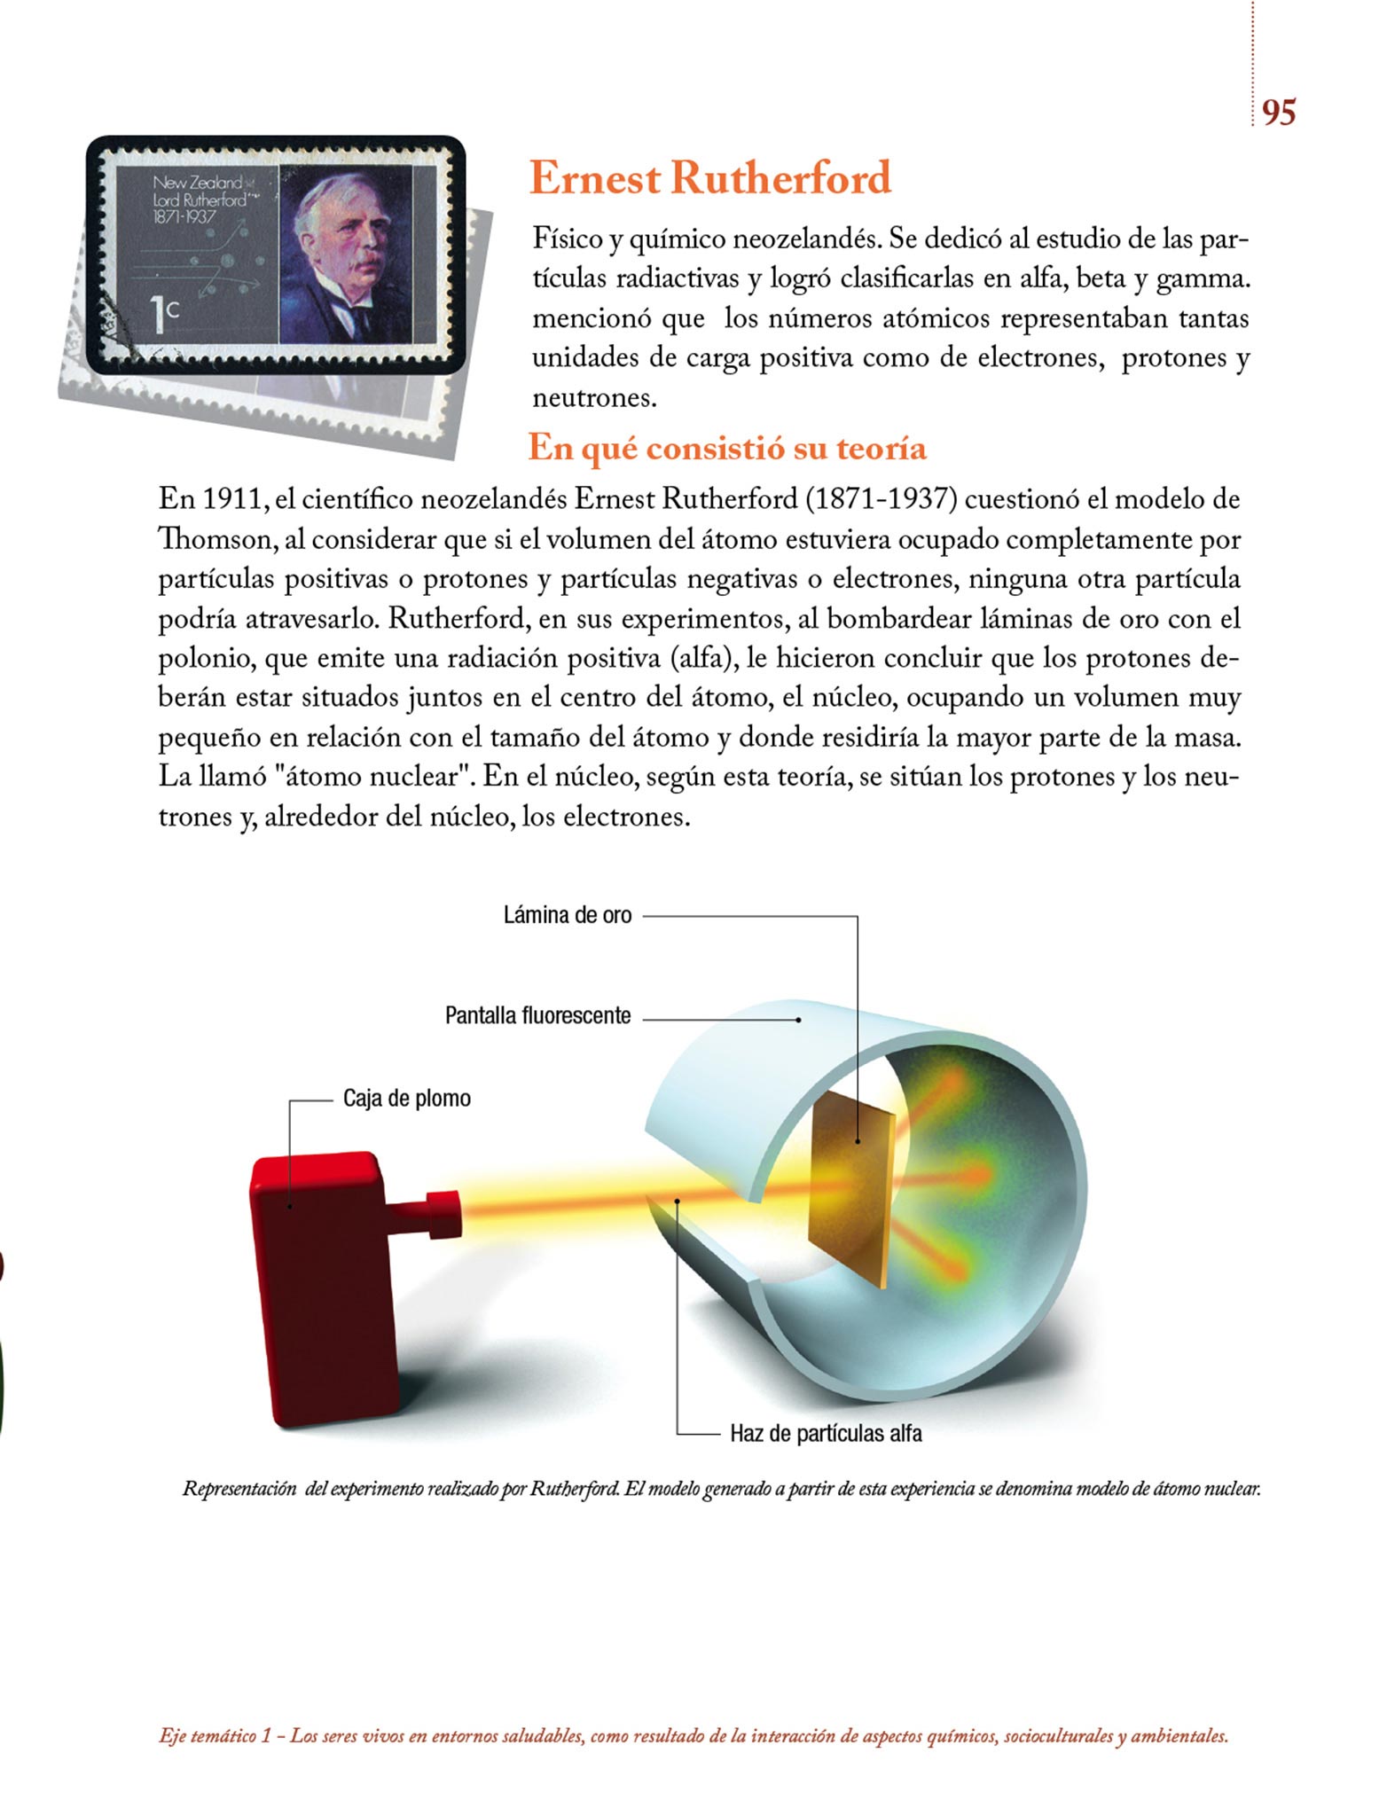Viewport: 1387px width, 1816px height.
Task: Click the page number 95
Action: point(1278,113)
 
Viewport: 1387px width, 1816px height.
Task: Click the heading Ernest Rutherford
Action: point(710,178)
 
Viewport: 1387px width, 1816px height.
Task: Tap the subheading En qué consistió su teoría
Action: point(727,449)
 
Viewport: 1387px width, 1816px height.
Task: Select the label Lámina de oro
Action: point(568,916)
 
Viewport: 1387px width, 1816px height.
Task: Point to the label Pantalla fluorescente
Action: point(537,1016)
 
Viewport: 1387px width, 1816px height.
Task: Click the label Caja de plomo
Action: point(407,1099)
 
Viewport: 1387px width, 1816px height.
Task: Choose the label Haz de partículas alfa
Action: point(826,1433)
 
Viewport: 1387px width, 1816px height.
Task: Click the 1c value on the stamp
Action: point(164,314)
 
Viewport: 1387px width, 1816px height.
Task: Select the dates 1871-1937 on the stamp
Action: point(184,217)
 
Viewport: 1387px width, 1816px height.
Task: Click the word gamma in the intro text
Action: point(1203,279)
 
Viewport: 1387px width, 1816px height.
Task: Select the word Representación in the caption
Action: point(239,1489)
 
